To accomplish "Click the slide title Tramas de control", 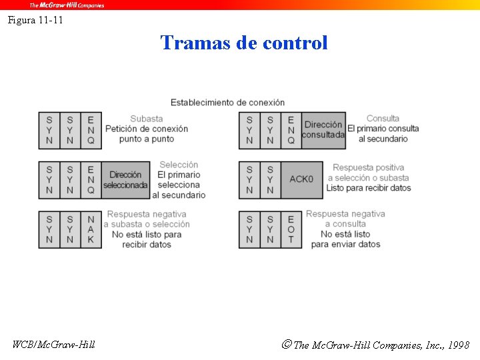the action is [244, 43].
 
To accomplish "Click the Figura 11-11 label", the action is [35, 20].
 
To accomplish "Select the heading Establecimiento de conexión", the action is [227, 102].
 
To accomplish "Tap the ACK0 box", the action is [301, 179].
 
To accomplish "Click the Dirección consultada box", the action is [323, 130].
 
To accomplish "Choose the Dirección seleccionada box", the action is [125, 179].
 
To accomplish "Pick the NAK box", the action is [91, 229].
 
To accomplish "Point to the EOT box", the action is [291, 229].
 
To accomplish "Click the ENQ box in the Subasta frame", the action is [91, 130].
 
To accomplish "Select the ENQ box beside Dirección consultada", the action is [291, 130].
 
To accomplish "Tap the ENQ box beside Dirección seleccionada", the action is [91, 179].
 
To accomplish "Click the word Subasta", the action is [147, 119].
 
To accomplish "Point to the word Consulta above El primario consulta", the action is [383, 119].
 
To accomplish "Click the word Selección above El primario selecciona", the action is [179, 165].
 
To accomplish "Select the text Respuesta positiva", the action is [368, 168].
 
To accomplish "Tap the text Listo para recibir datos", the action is [368, 188].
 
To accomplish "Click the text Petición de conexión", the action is [147, 129].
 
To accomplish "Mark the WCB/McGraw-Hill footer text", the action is [54, 345].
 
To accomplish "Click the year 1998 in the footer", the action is [459, 345].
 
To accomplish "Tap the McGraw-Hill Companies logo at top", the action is [67, 5].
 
